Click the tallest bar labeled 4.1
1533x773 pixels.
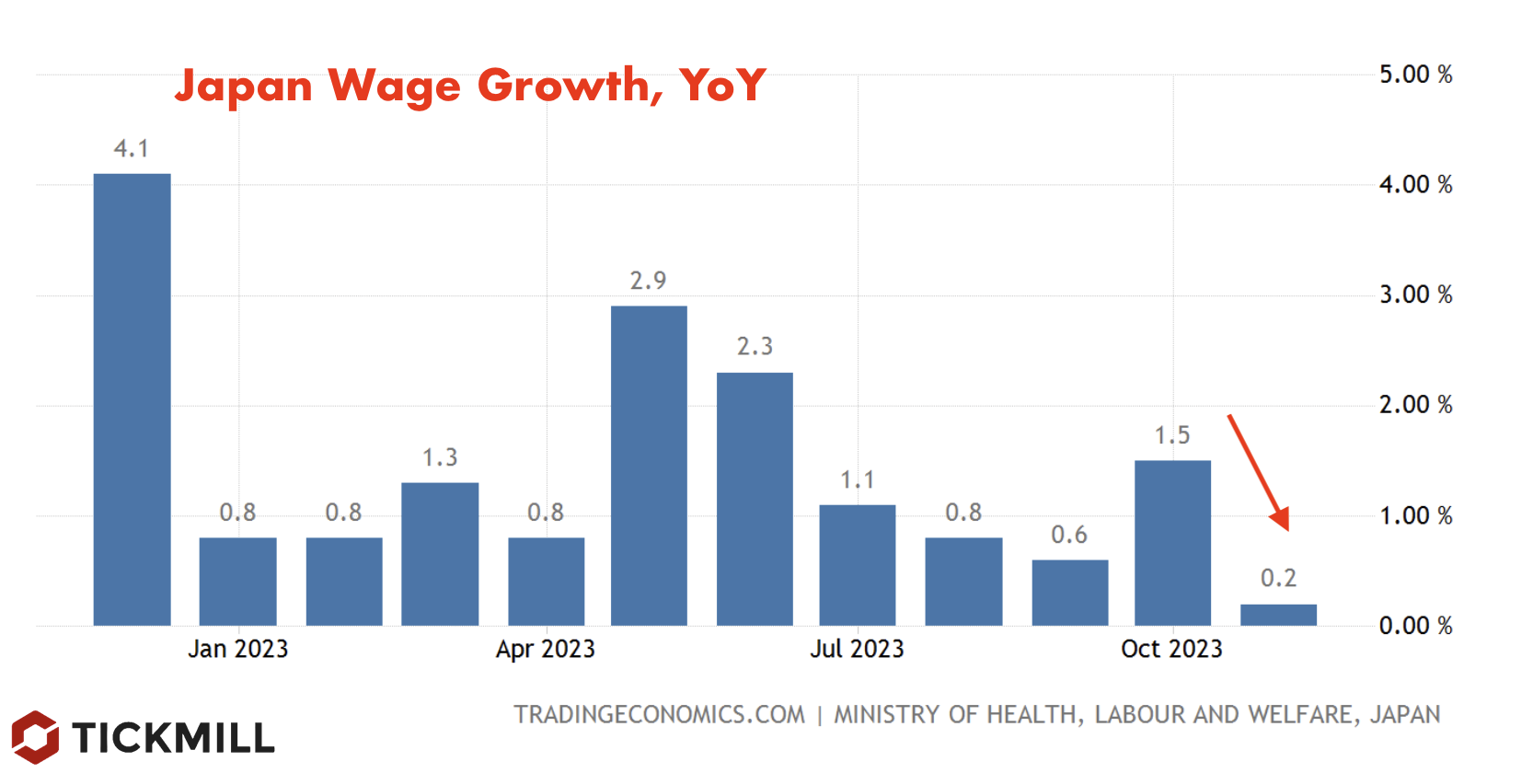pos(132,399)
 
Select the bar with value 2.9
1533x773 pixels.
pos(649,466)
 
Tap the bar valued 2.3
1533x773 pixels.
pos(755,499)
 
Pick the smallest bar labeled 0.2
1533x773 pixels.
pos(1278,615)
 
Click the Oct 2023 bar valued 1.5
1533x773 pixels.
pos(1172,543)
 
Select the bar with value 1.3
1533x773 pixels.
pos(440,554)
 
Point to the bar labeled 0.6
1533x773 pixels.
pos(1069,593)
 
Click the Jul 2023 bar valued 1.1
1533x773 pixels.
pos(857,565)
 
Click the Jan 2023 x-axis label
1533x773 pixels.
pos(237,650)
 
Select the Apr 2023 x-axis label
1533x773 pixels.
pos(545,650)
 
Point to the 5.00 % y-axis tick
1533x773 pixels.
pos(1415,75)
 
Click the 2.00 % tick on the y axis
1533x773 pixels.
pos(1415,405)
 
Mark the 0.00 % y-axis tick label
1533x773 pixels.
pos(1415,626)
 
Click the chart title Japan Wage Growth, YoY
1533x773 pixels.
pos(469,86)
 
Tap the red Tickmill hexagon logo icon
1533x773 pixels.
pos(35,737)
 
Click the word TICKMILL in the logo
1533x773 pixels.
pos(173,738)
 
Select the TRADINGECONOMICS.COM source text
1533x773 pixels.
pos(659,715)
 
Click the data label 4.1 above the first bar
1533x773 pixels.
pos(131,148)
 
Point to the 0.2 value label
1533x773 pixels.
pos(1278,578)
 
